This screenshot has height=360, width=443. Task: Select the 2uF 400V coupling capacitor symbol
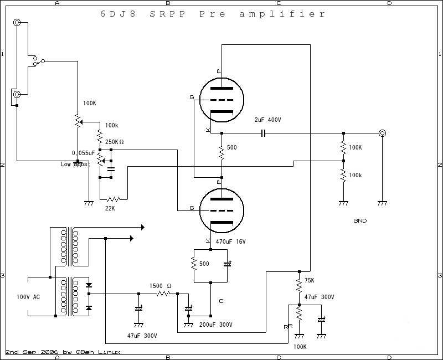point(263,133)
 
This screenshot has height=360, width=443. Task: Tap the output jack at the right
point(382,133)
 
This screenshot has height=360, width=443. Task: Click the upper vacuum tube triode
point(221,99)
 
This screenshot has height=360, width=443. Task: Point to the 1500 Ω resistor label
point(161,286)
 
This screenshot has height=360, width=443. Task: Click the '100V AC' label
point(28,297)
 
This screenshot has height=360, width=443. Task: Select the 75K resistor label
point(310,281)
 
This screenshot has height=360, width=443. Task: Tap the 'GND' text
point(360,221)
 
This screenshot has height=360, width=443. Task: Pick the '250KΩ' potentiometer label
point(114,142)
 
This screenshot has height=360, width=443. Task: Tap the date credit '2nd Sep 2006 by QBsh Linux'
point(63,352)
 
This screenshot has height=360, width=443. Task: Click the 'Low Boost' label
point(75,164)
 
